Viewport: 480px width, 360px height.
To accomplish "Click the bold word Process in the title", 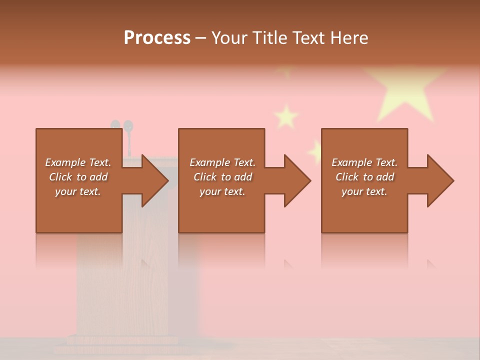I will click(x=157, y=38).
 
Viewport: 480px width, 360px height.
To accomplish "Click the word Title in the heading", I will click(x=266, y=38).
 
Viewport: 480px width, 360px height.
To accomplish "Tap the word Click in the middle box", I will click(x=205, y=177).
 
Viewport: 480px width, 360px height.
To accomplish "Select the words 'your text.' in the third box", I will click(x=364, y=191).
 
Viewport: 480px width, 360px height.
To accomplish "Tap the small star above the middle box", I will click(x=286, y=116).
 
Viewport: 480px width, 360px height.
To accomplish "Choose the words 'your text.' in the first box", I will click(x=78, y=191).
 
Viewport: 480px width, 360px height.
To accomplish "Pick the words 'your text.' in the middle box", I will click(x=222, y=191).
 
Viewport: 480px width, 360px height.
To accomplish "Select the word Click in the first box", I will click(x=60, y=177).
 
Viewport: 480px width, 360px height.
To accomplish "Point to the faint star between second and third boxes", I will click(x=316, y=151).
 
